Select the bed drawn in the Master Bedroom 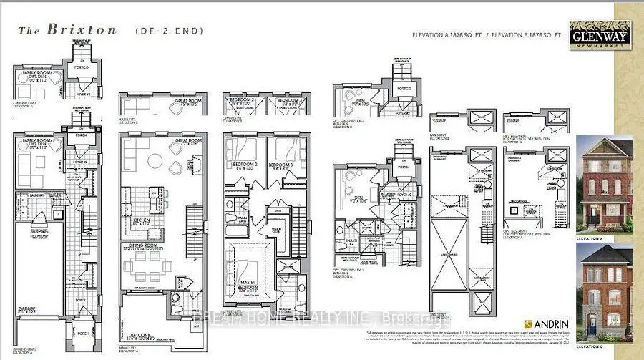(248, 269)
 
